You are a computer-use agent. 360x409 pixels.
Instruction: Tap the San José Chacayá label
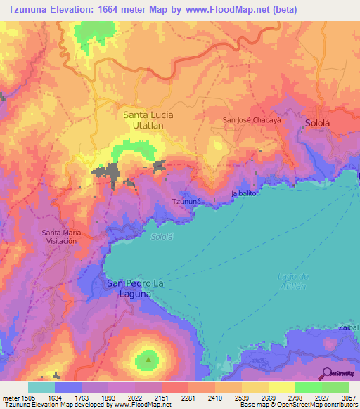click(252, 119)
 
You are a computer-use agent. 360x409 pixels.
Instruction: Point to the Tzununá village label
click(187, 202)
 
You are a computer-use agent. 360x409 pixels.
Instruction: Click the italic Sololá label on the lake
click(163, 237)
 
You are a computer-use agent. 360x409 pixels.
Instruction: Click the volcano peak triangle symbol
click(148, 359)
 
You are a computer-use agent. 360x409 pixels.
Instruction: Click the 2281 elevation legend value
click(188, 396)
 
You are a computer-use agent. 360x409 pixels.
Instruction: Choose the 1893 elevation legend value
click(108, 396)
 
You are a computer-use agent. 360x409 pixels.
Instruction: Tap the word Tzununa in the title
click(29, 9)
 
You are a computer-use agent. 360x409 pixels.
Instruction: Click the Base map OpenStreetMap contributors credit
click(297, 405)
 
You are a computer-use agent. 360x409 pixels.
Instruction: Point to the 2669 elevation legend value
click(269, 396)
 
